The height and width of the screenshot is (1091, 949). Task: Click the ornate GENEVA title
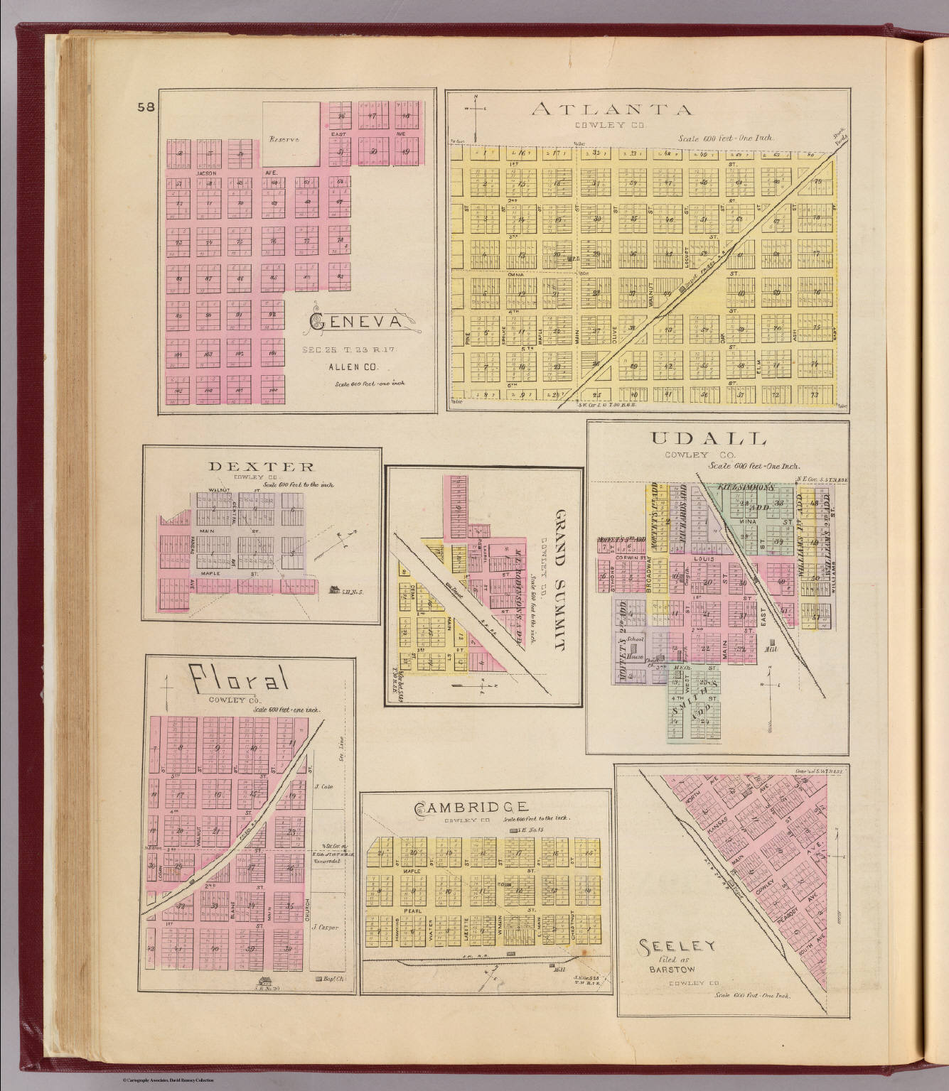[x=358, y=324]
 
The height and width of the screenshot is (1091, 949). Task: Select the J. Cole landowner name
[x=323, y=786]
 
